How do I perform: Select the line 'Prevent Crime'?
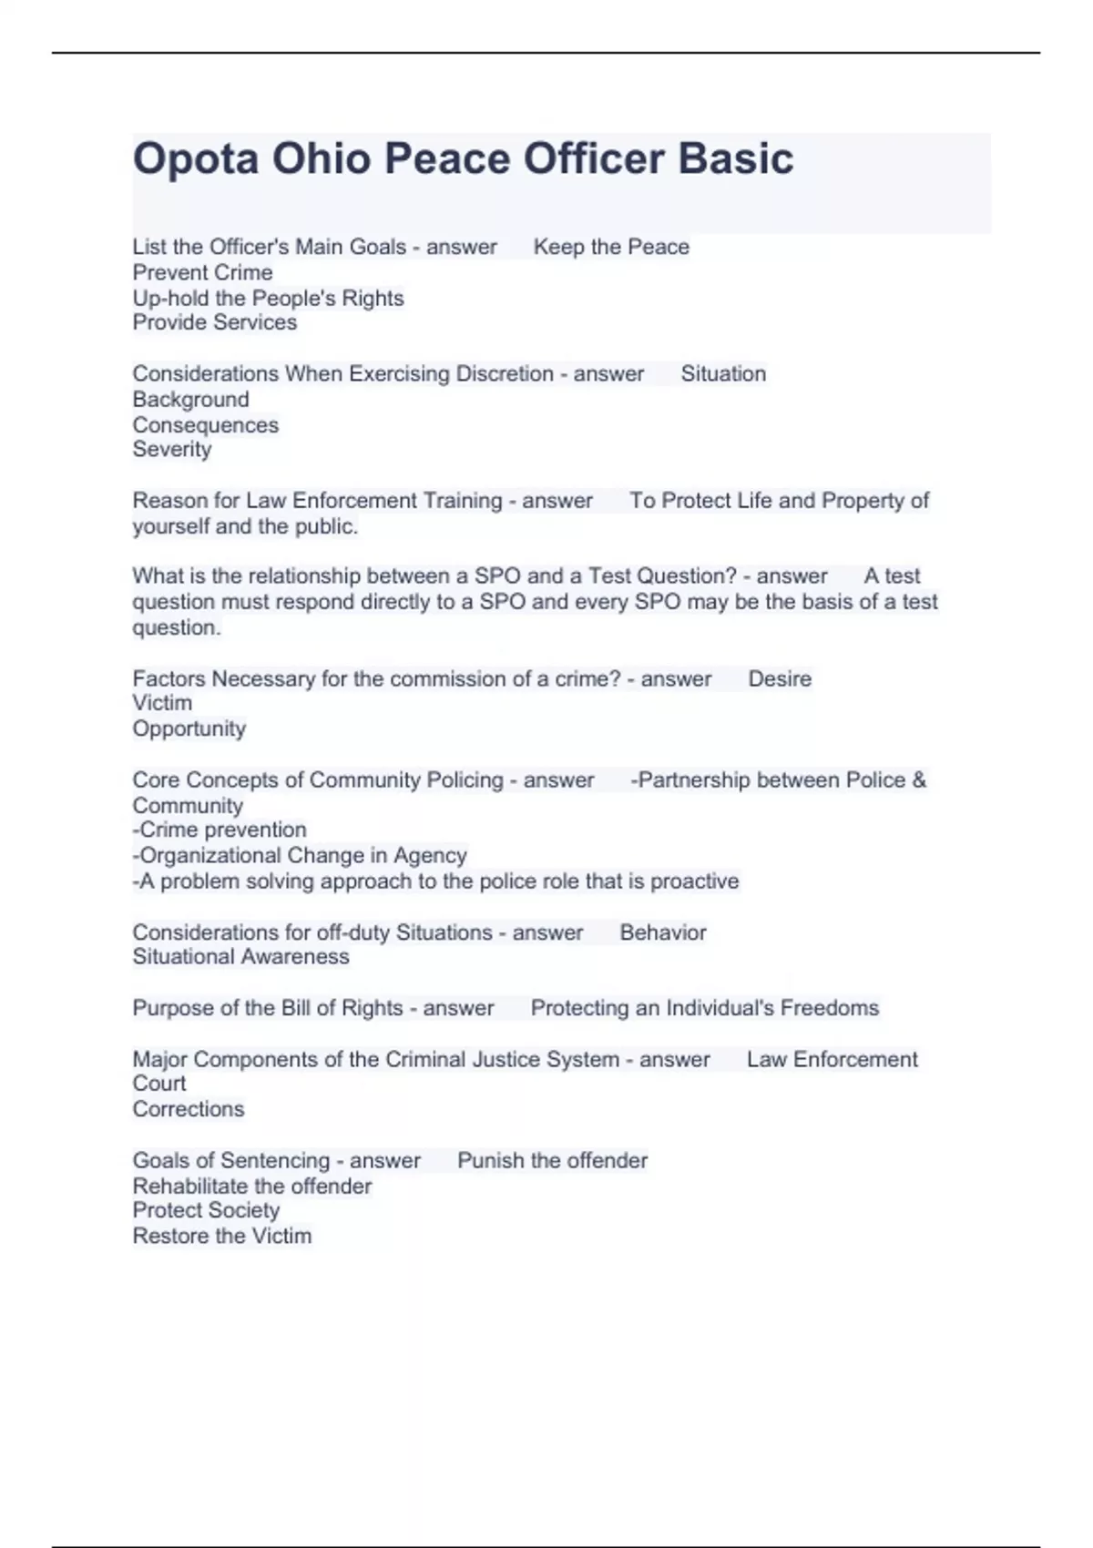click(x=202, y=272)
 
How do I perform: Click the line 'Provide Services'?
click(x=214, y=322)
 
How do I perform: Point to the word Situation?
click(x=723, y=374)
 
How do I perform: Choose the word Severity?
click(x=172, y=449)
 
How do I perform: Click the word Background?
click(x=190, y=400)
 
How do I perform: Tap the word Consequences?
click(x=205, y=425)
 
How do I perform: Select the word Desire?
click(x=779, y=679)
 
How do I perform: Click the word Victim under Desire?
click(x=162, y=703)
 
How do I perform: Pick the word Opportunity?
click(x=189, y=728)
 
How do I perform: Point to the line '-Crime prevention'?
click(x=220, y=830)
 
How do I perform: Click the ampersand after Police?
click(x=918, y=780)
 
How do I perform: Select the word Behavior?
click(x=662, y=932)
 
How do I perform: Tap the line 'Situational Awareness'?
click(x=240, y=956)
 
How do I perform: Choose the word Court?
click(x=158, y=1084)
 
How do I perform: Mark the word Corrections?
click(x=188, y=1109)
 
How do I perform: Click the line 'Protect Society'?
click(x=206, y=1210)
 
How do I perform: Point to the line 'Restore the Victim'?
click(x=221, y=1236)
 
